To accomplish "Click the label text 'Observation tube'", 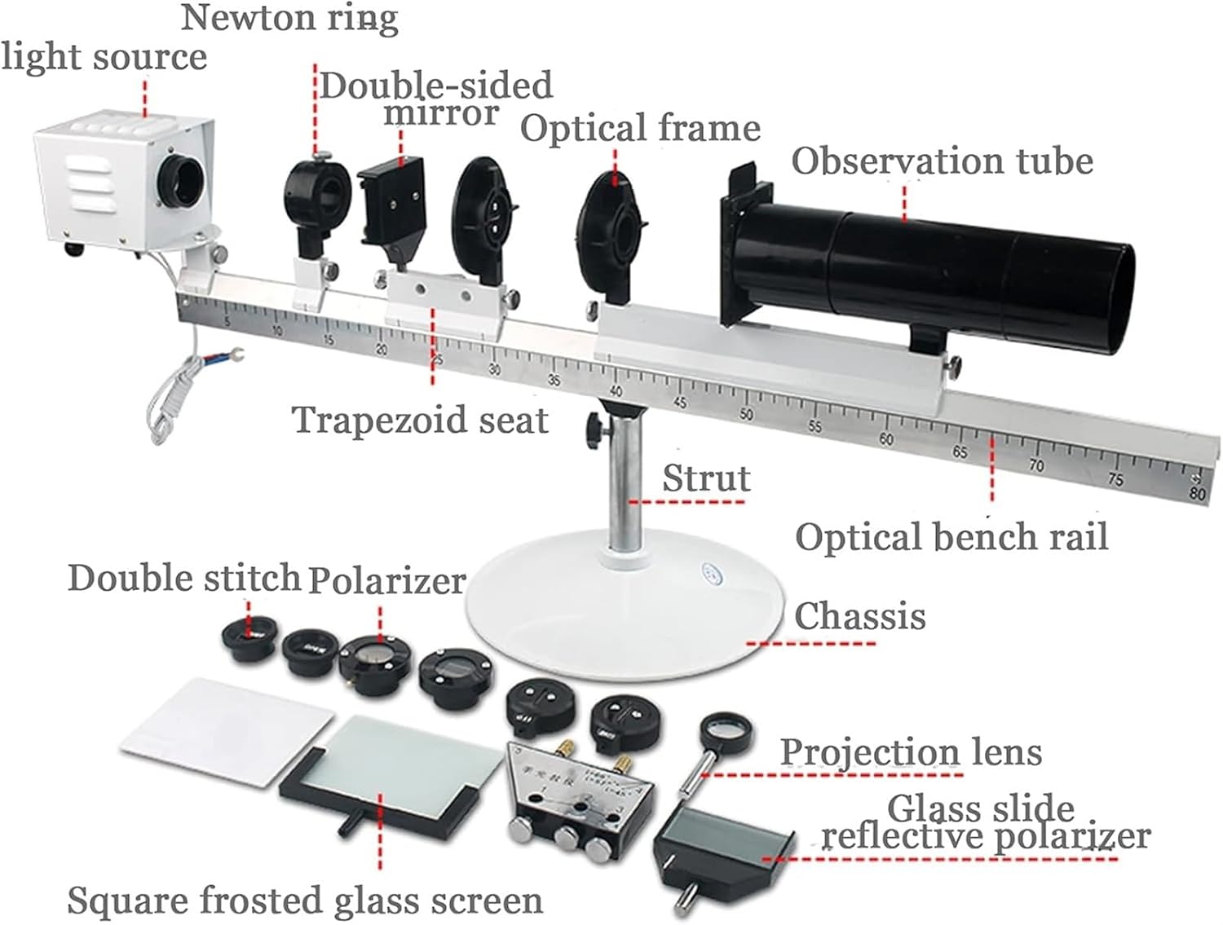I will tap(942, 161).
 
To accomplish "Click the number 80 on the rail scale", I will tap(1196, 493).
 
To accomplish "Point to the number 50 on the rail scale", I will tap(746, 414).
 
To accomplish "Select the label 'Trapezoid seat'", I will tap(420, 421).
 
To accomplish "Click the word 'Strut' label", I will tap(706, 478).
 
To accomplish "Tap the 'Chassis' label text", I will tap(860, 616).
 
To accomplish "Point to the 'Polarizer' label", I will tap(386, 580).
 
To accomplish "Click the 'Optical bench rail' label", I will tap(951, 538).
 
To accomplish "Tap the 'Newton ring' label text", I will tap(289, 18).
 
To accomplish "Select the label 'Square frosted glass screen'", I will tap(305, 901).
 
